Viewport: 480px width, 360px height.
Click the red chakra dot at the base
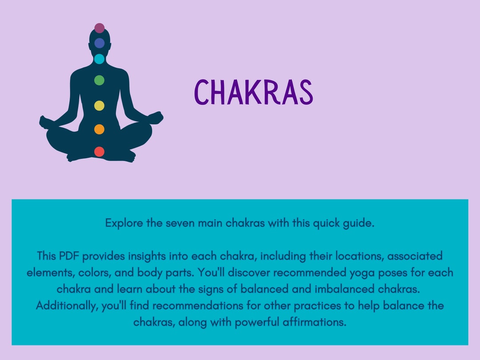(x=99, y=152)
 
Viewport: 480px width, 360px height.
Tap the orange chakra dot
(x=99, y=129)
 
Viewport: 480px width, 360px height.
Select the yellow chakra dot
(x=99, y=106)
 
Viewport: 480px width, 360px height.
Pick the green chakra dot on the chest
(x=99, y=80)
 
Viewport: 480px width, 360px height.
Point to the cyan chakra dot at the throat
(x=99, y=59)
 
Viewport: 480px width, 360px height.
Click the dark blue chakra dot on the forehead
(x=99, y=43)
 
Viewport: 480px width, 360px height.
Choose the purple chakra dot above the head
(x=99, y=28)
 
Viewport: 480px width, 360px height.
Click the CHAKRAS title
(x=254, y=92)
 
